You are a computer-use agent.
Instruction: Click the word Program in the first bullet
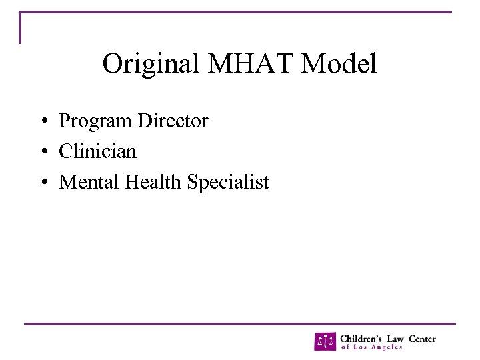point(96,122)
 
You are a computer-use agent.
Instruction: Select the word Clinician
point(97,151)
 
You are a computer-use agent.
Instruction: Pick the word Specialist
point(228,182)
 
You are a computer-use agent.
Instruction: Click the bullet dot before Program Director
point(42,122)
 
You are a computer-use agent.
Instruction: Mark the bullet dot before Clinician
point(42,153)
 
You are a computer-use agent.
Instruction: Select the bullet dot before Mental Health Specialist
point(42,183)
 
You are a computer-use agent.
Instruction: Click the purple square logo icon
point(325,341)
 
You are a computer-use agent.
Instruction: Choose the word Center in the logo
point(423,339)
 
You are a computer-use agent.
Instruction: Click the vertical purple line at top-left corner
point(20,28)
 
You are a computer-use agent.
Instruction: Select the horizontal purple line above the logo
point(240,324)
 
